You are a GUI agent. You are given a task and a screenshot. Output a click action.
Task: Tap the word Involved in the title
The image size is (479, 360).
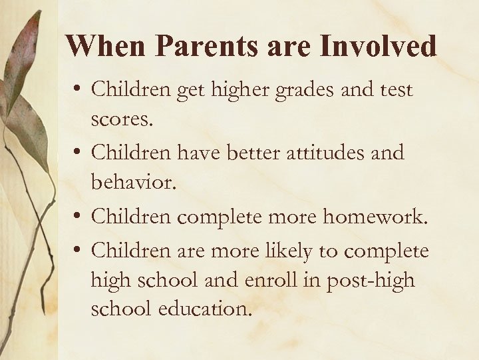point(379,46)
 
